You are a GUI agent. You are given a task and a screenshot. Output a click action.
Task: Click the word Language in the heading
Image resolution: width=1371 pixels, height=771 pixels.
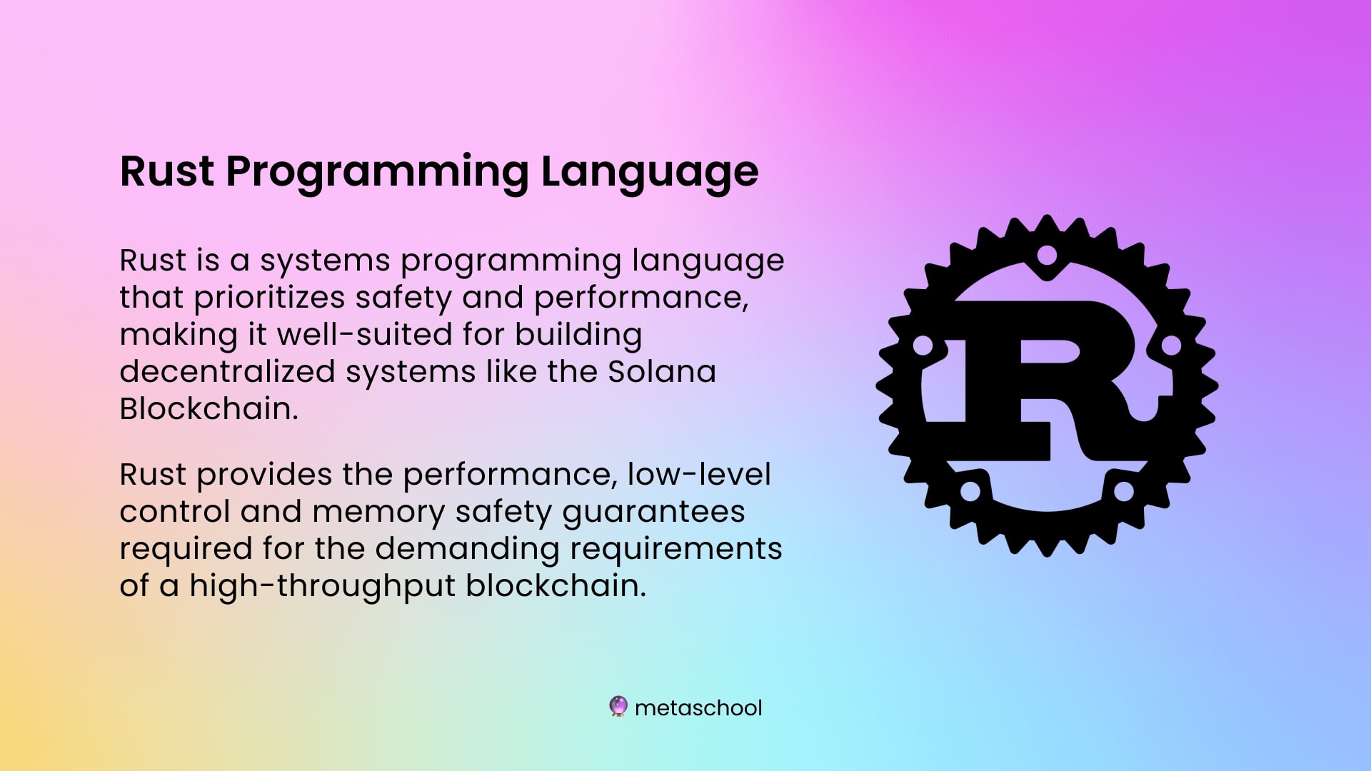(x=649, y=172)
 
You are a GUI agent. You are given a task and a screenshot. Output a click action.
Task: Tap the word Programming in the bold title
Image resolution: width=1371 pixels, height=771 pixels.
(x=378, y=172)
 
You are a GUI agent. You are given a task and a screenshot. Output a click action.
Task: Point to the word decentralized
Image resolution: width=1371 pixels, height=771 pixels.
(x=227, y=371)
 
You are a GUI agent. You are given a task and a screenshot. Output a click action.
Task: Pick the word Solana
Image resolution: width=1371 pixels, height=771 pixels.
(x=662, y=371)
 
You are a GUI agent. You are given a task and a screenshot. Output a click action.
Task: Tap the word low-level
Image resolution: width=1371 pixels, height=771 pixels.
(x=699, y=474)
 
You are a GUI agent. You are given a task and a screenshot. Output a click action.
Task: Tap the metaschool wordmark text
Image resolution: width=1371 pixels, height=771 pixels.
(x=698, y=707)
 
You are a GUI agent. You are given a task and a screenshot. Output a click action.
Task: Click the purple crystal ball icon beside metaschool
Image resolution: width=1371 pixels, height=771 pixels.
(x=618, y=707)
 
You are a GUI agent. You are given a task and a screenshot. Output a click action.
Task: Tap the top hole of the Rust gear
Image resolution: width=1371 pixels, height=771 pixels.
(x=1047, y=255)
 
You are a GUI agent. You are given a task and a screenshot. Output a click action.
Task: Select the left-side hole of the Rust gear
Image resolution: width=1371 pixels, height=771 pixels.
(x=923, y=346)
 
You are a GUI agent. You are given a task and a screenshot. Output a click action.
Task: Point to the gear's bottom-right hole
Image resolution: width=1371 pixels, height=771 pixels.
(x=1124, y=491)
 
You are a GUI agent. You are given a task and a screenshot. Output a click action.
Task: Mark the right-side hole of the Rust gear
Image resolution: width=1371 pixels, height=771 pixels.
(x=1172, y=346)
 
